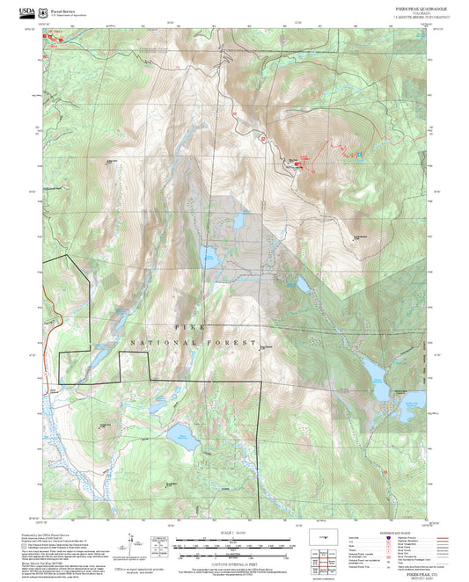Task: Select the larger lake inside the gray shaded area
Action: click(209, 257)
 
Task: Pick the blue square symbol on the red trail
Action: click(360, 156)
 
